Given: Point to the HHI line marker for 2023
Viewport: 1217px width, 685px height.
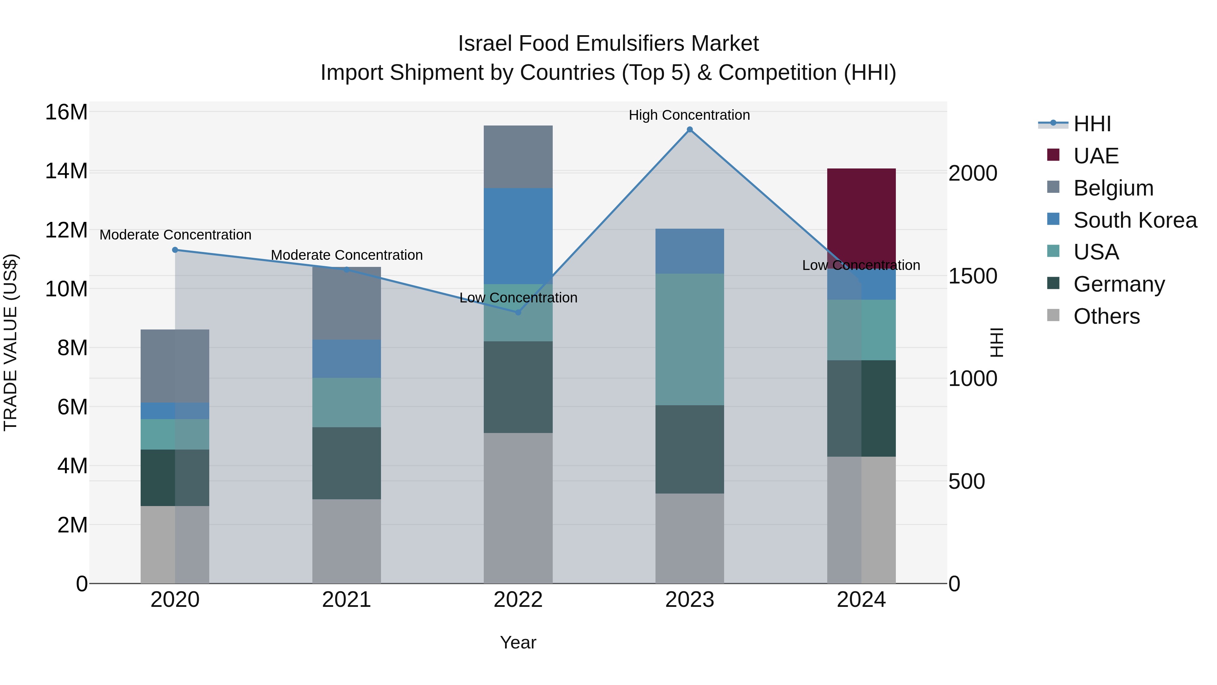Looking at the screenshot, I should [x=689, y=130].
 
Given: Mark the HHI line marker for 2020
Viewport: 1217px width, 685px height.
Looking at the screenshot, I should [x=175, y=250].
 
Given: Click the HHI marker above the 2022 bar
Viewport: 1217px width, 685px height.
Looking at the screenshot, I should [x=518, y=312].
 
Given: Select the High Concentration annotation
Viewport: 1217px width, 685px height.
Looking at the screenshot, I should [x=689, y=115].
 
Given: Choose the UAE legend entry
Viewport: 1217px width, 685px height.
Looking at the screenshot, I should [x=1096, y=156].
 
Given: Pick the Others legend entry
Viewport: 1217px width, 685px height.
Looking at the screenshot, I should [x=1106, y=316].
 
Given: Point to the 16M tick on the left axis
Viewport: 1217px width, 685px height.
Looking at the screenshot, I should [x=66, y=113].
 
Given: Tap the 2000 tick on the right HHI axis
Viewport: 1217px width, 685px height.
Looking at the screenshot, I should [x=973, y=174].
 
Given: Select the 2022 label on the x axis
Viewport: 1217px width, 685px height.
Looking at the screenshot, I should [x=518, y=600].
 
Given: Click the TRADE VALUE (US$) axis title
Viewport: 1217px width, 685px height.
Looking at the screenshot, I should [x=10, y=342].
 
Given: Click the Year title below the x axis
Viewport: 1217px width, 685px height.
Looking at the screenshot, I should [x=518, y=642].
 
